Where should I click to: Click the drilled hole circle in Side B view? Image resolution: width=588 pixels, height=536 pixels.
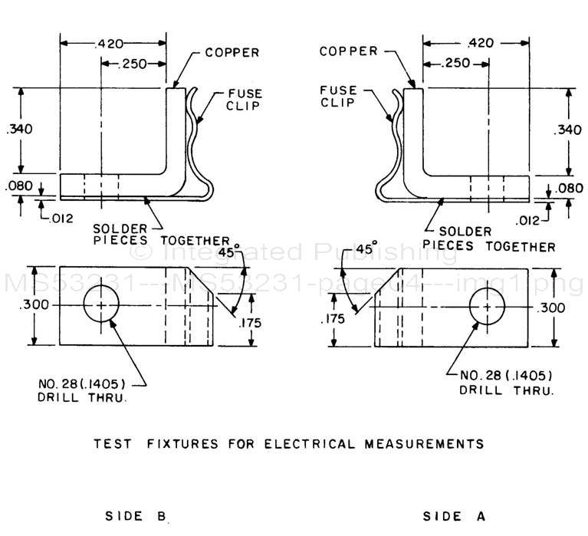pyautogui.click(x=103, y=305)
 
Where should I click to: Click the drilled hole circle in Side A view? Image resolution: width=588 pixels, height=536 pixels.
pyautogui.click(x=488, y=306)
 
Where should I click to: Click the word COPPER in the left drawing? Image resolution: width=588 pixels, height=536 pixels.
pyautogui.click(x=232, y=53)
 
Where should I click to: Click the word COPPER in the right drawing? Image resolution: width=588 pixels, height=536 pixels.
pyautogui.click(x=349, y=51)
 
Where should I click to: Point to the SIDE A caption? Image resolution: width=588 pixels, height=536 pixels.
pyautogui.click(x=454, y=516)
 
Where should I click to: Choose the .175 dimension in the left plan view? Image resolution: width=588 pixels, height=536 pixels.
pyautogui.click(x=251, y=323)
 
